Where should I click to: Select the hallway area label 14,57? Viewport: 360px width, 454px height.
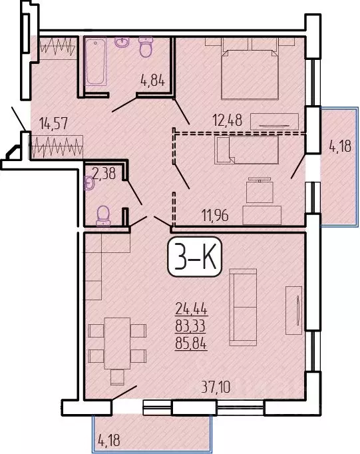53,123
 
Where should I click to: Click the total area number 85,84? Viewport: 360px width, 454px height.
190,346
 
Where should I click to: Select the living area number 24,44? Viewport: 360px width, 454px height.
190,308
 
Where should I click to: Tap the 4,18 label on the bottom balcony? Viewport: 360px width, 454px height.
111,439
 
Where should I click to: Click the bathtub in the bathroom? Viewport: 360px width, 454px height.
96,62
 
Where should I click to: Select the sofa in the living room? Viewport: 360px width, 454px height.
242,307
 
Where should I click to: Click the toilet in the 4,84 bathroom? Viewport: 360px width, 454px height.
146,47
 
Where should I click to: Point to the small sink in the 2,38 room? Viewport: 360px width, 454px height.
89,181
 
